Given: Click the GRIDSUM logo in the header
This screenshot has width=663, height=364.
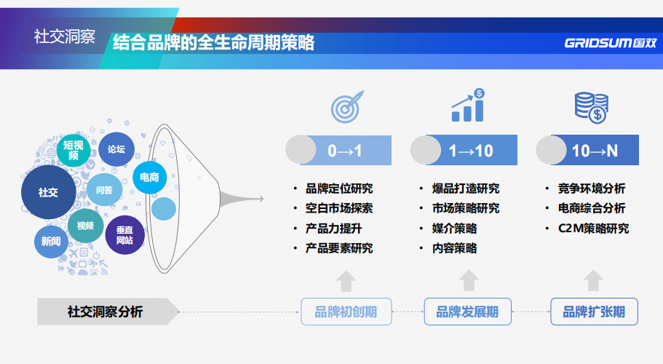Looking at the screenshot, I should pos(610,43).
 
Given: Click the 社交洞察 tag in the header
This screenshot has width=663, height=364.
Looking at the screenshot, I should pos(64,37).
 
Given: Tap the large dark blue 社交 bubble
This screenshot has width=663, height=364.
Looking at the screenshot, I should pos(48,192).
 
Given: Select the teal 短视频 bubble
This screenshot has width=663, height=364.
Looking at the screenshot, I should pos(73,150).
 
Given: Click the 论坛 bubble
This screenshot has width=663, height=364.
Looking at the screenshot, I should pos(116,149).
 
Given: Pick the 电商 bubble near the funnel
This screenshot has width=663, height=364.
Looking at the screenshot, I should pos(150,177).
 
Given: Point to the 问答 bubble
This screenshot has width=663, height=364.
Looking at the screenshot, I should pos(104,190).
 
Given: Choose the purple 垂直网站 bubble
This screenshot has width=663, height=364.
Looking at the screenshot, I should pos(124,234).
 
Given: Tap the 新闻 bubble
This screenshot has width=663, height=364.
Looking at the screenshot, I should pos(51,241).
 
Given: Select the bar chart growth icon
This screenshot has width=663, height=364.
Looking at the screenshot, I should pos(468,106).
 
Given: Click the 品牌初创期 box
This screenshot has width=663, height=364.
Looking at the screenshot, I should pos(346,312).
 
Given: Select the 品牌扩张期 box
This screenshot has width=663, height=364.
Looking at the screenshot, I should pos(594,312).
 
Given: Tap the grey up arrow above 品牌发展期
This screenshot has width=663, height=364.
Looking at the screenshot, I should pos(469,280).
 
